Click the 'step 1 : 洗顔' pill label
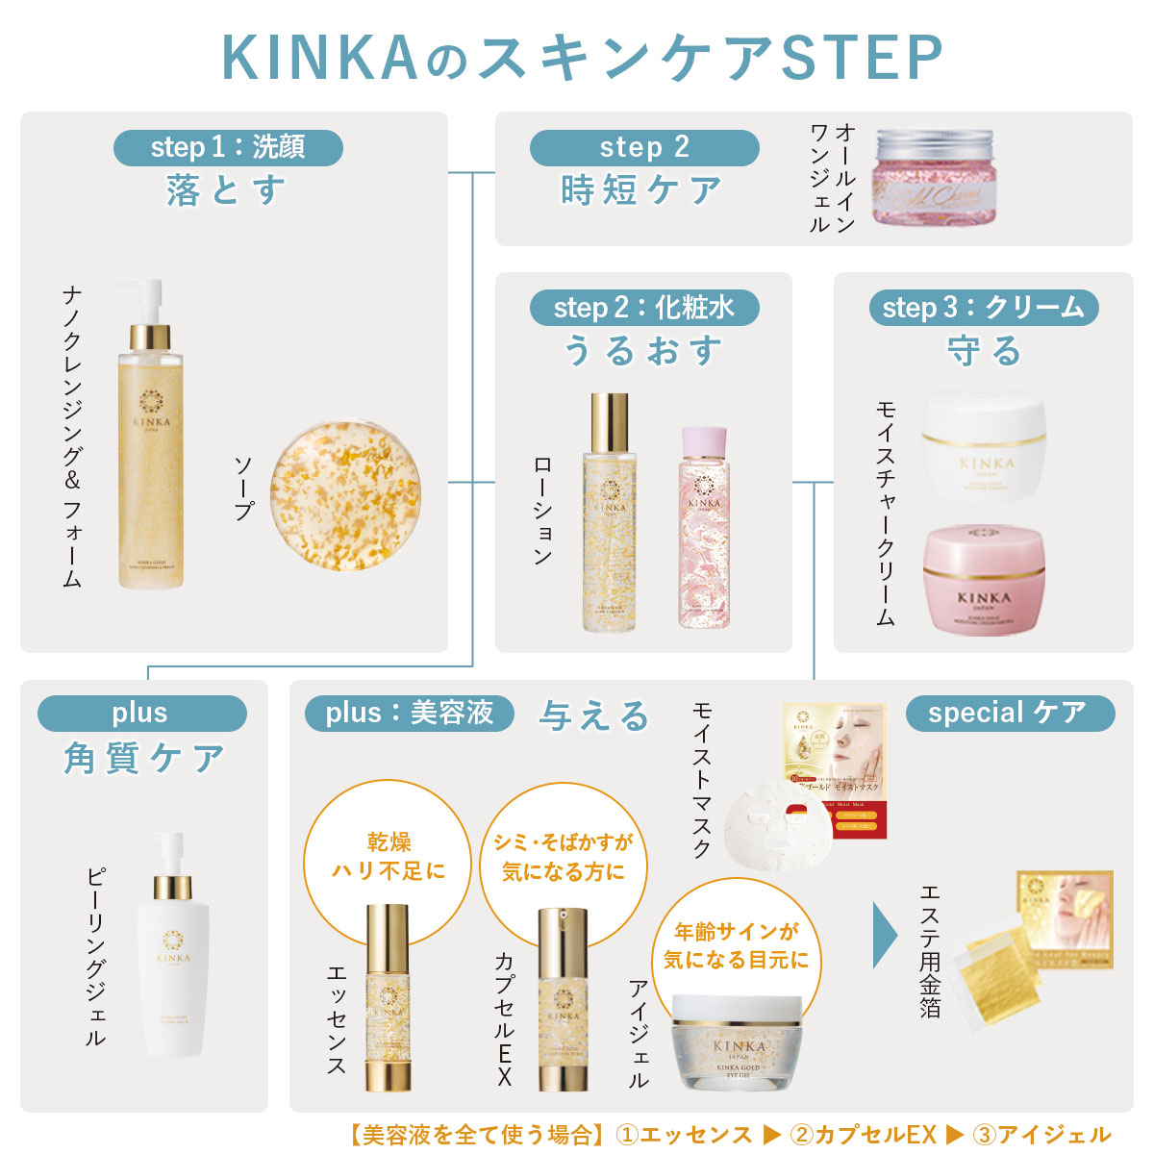click(x=228, y=147)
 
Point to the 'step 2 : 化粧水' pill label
click(x=643, y=308)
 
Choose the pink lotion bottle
click(x=703, y=529)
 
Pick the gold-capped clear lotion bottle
click(x=609, y=519)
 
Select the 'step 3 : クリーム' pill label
click(x=983, y=308)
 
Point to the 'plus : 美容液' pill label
click(x=409, y=713)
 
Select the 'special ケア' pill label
click(x=1009, y=713)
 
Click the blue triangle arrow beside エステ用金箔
click(x=884, y=935)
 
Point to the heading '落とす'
click(x=227, y=189)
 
